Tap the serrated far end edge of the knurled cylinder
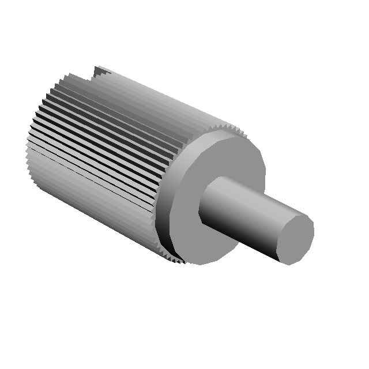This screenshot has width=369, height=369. click(x=29, y=156)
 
